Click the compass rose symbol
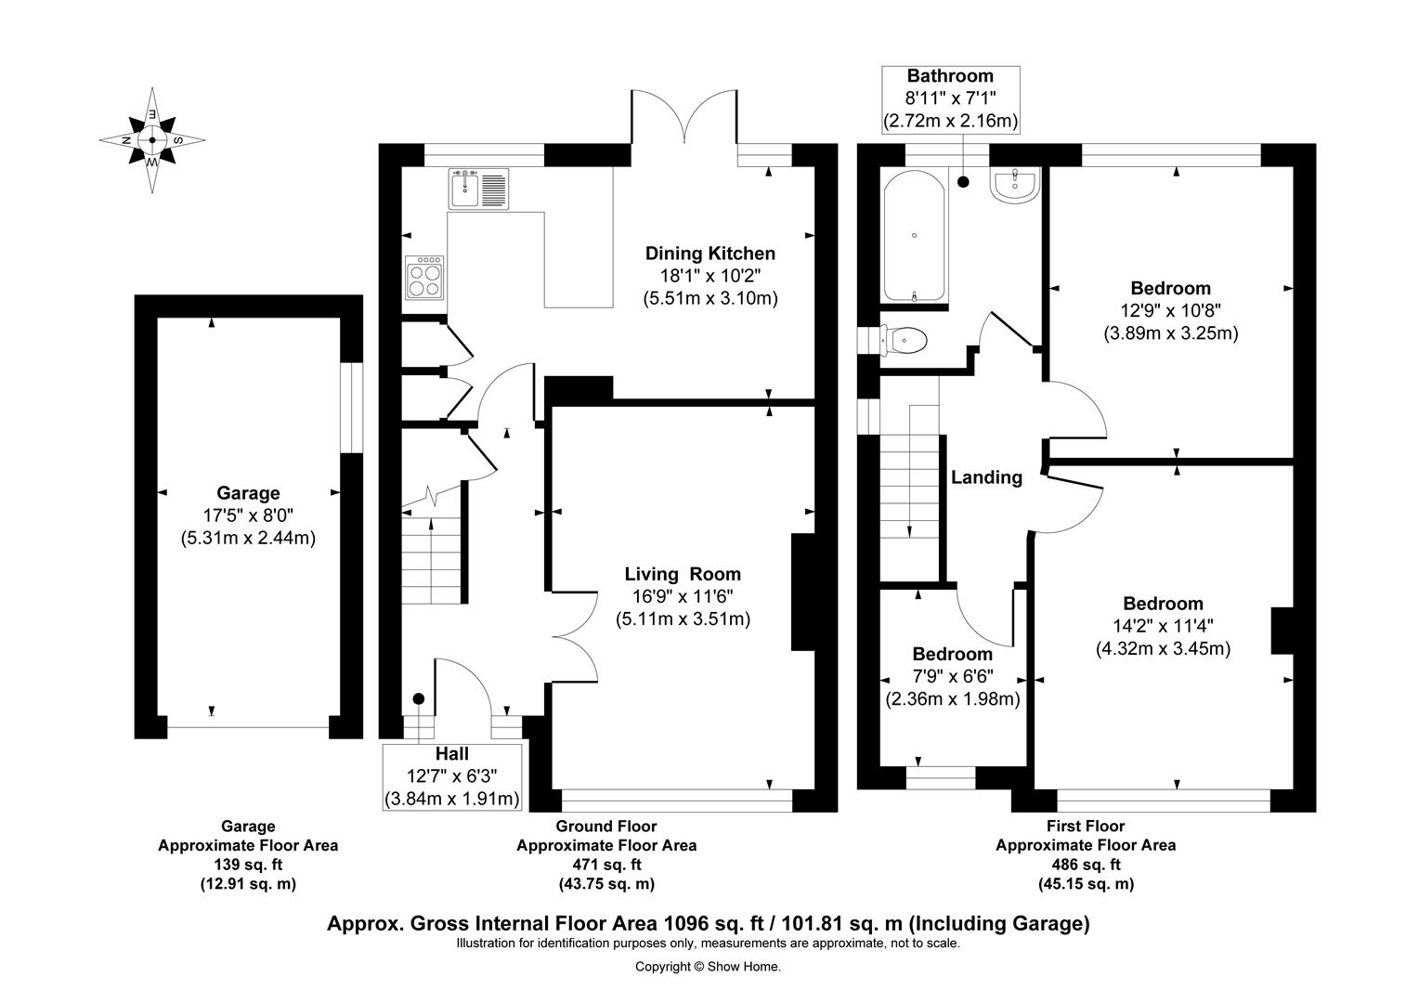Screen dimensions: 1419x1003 pos(152,140)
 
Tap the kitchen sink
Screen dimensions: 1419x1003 pos(479,189)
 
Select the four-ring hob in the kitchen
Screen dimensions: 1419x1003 pos(424,278)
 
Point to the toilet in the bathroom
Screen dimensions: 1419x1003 pos(904,340)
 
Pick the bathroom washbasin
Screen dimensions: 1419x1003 pos(1014,185)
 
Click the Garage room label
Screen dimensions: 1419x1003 pos(248,493)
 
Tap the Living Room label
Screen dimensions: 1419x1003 pos(683,574)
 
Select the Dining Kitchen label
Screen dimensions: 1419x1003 pos(710,254)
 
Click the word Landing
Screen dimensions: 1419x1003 pos(986,477)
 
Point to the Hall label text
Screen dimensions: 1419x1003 pos(451,753)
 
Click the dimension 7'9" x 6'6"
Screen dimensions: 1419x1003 pos(952,676)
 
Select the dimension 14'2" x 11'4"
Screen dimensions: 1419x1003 pos(1163,626)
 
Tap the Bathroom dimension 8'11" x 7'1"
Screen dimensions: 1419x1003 pos(950,98)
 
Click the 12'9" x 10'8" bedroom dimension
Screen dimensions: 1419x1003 pos(1171,310)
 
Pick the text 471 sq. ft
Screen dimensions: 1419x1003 pos(606,865)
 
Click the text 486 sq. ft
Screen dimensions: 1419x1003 pos(1086,865)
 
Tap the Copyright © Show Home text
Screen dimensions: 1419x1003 pos(709,967)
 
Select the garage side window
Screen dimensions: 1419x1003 pos(352,408)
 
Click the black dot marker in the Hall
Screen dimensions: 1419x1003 pos(419,699)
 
